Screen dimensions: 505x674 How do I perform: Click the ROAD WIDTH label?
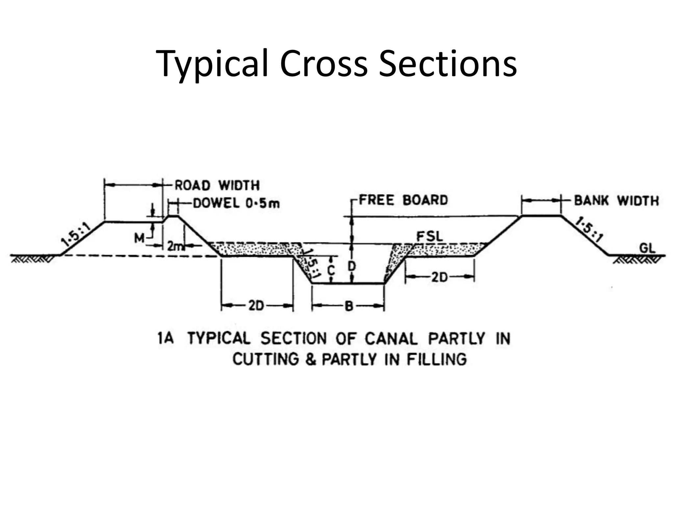pyautogui.click(x=217, y=185)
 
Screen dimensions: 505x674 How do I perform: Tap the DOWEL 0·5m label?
pyautogui.click(x=236, y=204)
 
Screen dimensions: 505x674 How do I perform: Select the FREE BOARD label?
pyautogui.click(x=403, y=200)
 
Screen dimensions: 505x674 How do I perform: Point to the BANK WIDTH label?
pyautogui.click(x=616, y=200)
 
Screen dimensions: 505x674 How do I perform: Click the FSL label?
pyautogui.click(x=429, y=236)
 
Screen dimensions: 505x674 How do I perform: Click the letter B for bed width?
pyautogui.click(x=349, y=307)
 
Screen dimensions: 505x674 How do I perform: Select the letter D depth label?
pyautogui.click(x=352, y=266)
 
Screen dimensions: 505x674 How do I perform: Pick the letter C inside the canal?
pyautogui.click(x=331, y=270)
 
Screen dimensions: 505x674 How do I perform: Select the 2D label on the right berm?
pyautogui.click(x=439, y=278)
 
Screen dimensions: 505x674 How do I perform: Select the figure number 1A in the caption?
pyautogui.click(x=166, y=338)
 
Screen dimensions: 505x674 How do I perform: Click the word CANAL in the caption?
pyautogui.click(x=391, y=339)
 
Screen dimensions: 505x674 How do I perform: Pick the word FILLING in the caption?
pyautogui.click(x=436, y=359)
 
